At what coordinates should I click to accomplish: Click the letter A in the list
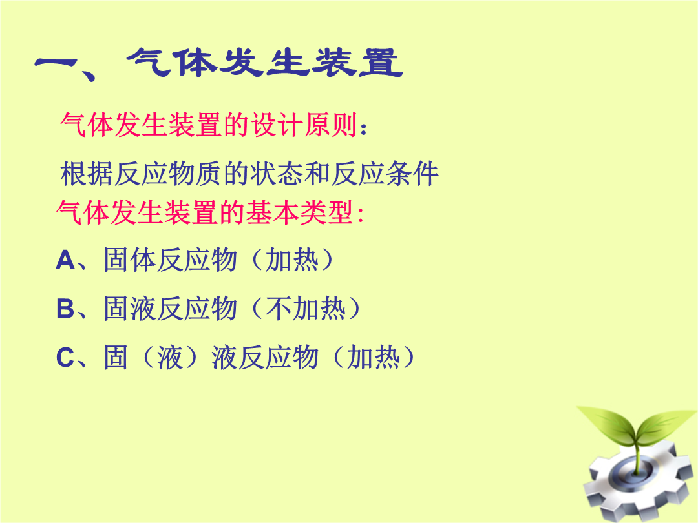pyautogui.click(x=65, y=260)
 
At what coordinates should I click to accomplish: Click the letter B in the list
pyautogui.click(x=65, y=309)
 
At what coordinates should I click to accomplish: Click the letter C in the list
pyautogui.click(x=65, y=357)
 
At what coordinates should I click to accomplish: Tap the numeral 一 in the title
pyautogui.click(x=56, y=63)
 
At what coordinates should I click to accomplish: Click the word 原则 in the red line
pyautogui.click(x=331, y=125)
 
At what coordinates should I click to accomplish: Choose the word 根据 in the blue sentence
pyautogui.click(x=87, y=174)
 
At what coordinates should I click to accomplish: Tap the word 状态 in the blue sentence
pyautogui.click(x=277, y=174)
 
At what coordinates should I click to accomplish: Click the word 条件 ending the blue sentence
pyautogui.click(x=412, y=174)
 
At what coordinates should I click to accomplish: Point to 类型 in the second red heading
pyautogui.click(x=327, y=212)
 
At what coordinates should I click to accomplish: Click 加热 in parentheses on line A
pyautogui.click(x=292, y=260)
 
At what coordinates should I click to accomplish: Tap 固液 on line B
pyautogui.click(x=131, y=309)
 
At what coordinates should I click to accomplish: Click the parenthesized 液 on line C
pyautogui.click(x=170, y=357)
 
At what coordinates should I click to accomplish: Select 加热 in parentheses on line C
pyautogui.click(x=374, y=357)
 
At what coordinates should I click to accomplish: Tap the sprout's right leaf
pyautogui.click(x=666, y=425)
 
